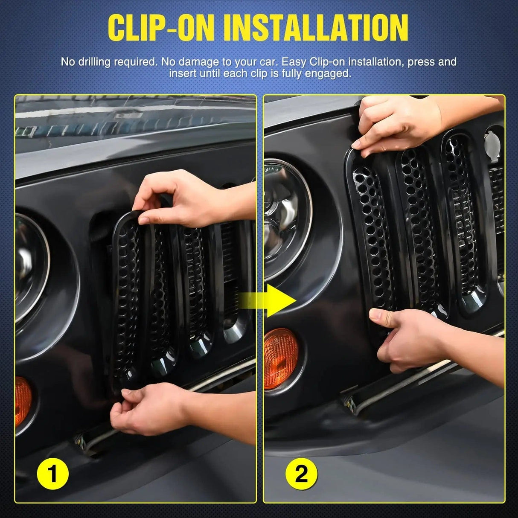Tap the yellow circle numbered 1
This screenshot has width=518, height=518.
click(x=53, y=474)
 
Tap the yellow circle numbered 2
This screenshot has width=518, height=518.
click(x=301, y=474)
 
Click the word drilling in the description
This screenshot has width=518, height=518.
click(x=93, y=62)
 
